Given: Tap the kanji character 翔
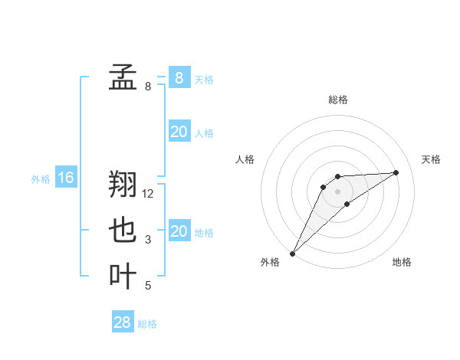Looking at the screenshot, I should [123, 184].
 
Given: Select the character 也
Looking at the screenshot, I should [123, 230].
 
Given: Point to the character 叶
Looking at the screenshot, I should [123, 276].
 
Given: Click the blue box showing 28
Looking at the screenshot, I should [123, 322].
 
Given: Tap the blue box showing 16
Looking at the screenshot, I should [66, 178].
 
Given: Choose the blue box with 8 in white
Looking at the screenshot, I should [179, 77].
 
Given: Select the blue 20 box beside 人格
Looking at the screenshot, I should [179, 132].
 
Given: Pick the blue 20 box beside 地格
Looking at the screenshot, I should [179, 231].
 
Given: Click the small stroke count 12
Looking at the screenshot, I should [149, 194].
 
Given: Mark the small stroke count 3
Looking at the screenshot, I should [148, 240].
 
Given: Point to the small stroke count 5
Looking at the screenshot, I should [148, 286].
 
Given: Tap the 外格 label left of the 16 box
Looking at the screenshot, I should [41, 179].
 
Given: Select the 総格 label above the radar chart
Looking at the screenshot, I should [338, 100].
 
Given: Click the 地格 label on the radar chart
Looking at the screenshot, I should [402, 262].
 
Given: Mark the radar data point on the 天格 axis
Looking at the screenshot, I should [396, 172].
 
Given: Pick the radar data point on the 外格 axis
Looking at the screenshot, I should [292, 253].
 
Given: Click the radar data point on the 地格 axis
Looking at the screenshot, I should [347, 204].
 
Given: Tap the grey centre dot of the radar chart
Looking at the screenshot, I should [338, 191].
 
